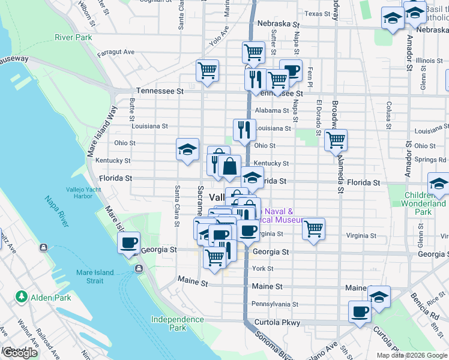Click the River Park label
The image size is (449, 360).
tap(73, 37)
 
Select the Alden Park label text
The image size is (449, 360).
tap(52, 298)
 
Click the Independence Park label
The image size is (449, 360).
tap(177, 323)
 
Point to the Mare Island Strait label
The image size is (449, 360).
tap(95, 277)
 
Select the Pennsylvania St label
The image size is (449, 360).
tap(275, 304)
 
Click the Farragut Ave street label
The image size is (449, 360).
tap(116, 52)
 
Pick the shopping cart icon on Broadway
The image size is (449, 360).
tap(336, 140)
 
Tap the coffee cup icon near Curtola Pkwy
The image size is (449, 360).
tap(360, 311)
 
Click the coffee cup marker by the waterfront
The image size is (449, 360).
tap(129, 243)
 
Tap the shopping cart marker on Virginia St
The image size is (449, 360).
tap(313, 228)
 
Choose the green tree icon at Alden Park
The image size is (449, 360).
tap(21, 296)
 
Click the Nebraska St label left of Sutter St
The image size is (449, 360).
tap(278, 24)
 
